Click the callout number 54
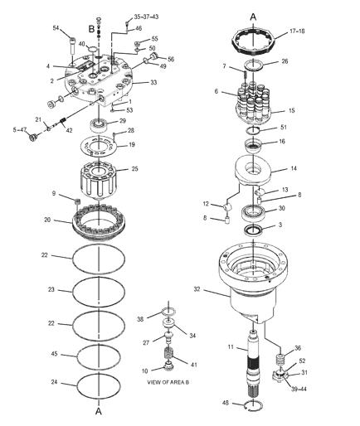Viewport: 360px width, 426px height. [x=56, y=28]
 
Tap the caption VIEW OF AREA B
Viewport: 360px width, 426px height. [x=168, y=382]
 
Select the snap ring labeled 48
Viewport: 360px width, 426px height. [x=254, y=405]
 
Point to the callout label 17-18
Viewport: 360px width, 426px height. [x=297, y=31]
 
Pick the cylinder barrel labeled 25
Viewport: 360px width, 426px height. [x=99, y=180]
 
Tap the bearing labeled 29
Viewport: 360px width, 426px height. [x=99, y=125]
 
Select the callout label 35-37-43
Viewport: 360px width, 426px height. [x=146, y=17]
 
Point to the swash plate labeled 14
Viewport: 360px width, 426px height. [x=254, y=170]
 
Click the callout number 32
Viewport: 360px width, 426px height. [x=197, y=289]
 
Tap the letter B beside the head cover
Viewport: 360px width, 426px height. [x=91, y=28]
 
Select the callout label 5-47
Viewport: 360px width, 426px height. [x=19, y=129]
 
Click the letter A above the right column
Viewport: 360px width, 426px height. [x=253, y=17]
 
